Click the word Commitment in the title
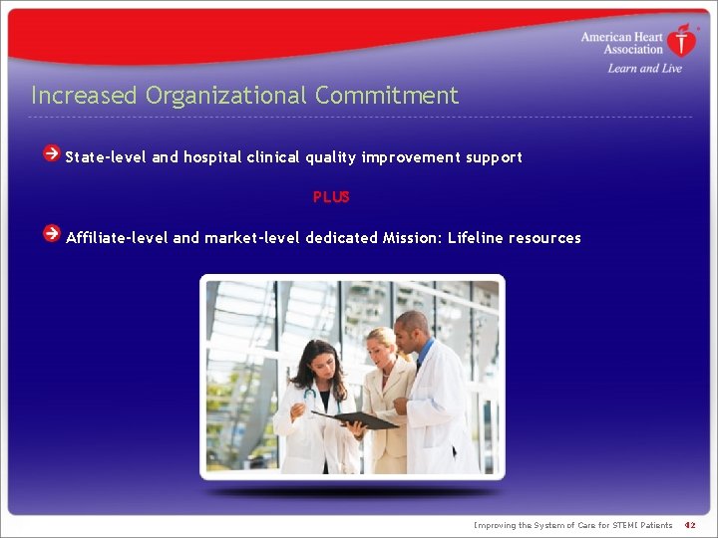coord(387,96)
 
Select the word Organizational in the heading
coord(226,96)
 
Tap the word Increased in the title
coord(84,96)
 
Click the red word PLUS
coord(331,197)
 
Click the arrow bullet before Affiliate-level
coord(51,233)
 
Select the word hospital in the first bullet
coord(212,157)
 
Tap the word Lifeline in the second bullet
coord(475,238)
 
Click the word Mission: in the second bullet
coord(412,238)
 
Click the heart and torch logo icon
coord(682,42)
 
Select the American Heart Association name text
coord(622,43)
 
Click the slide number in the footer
coord(689,525)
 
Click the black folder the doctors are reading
coord(356,419)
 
